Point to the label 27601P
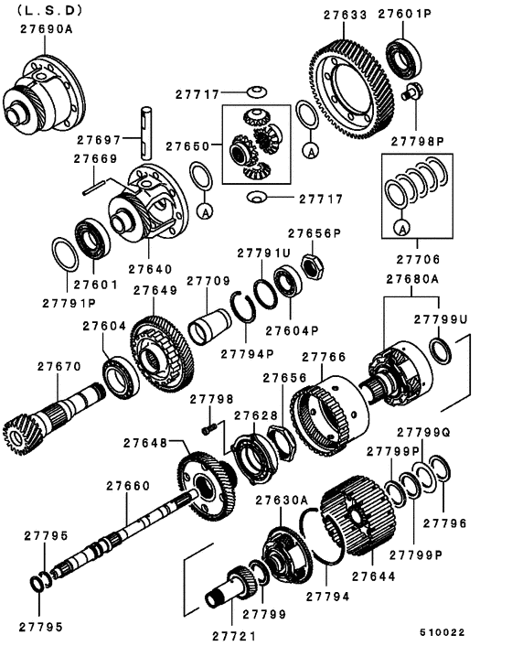404,14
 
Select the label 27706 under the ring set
418,259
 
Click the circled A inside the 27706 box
399,225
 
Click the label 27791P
69,302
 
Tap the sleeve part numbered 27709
210,323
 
